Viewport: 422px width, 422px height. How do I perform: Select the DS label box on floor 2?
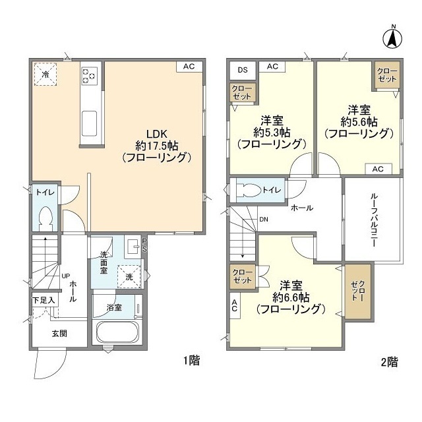point(242,69)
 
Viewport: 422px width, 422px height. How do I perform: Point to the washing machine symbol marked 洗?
point(131,276)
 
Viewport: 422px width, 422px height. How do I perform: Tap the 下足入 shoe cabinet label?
point(44,300)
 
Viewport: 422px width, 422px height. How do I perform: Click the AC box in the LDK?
point(189,67)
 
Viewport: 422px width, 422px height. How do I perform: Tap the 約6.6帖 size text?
point(290,297)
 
